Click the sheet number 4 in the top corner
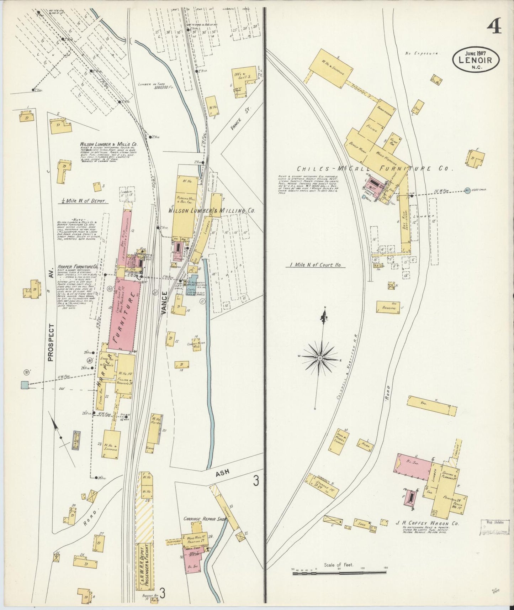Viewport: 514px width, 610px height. tap(494, 26)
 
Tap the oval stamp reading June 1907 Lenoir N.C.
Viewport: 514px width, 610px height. tap(476, 59)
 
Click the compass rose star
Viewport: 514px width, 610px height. tap(320, 357)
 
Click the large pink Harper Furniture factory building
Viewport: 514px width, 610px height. tap(124, 315)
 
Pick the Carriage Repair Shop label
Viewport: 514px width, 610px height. tap(205, 519)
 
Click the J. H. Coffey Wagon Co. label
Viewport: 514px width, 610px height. tap(427, 524)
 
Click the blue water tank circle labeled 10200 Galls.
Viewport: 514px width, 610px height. tap(467, 190)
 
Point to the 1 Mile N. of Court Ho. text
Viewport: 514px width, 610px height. tap(315, 265)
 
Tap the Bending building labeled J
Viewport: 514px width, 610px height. tap(388, 307)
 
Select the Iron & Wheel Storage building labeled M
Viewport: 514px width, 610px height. tap(337, 441)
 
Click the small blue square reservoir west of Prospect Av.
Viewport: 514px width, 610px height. tap(25, 385)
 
